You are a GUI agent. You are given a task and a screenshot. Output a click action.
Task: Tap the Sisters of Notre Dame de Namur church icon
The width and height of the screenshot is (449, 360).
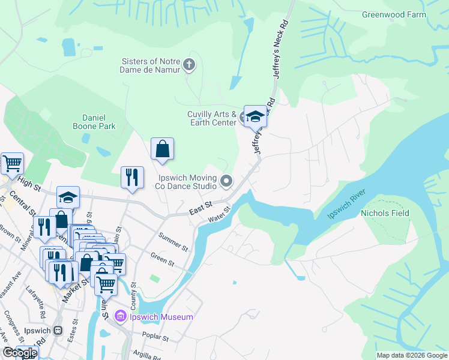[189, 65]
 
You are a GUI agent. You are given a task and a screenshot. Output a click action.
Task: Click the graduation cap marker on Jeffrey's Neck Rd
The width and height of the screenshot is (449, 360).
[255, 116]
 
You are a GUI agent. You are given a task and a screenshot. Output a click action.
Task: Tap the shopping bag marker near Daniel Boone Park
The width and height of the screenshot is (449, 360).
[163, 149]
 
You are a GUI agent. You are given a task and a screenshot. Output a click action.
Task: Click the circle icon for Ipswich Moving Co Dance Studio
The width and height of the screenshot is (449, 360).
[226, 181]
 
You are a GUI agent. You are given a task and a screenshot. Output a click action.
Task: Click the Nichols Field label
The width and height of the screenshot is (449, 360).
[385, 213]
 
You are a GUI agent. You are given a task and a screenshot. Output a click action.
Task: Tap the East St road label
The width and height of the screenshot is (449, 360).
[200, 208]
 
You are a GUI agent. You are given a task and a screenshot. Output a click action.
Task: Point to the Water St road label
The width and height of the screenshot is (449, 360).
[220, 215]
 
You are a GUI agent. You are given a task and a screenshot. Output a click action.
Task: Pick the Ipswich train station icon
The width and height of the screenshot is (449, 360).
[58, 330]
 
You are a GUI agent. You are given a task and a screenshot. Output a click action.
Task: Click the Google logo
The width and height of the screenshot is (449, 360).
[19, 353]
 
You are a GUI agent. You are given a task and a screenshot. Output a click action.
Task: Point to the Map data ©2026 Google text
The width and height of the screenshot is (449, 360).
[411, 355]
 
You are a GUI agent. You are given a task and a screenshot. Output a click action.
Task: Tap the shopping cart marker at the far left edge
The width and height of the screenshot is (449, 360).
[11, 163]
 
